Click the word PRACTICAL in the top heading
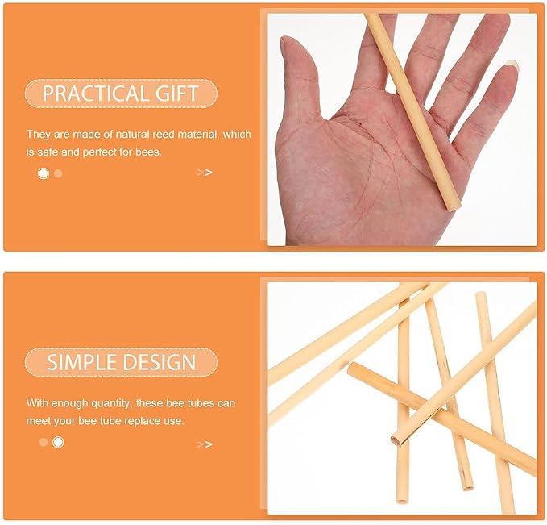(x=91, y=94)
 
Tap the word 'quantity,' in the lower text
(x=111, y=403)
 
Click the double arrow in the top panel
(x=205, y=173)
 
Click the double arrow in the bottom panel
(x=205, y=444)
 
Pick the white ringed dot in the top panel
(x=44, y=173)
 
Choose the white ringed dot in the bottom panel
(x=58, y=442)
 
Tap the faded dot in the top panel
(x=58, y=173)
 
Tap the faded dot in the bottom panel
(x=44, y=442)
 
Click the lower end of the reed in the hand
(x=453, y=206)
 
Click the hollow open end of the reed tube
(x=396, y=440)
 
